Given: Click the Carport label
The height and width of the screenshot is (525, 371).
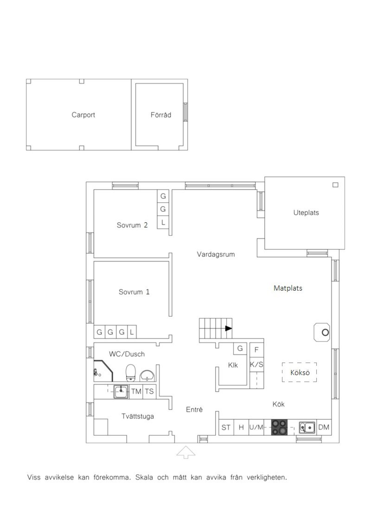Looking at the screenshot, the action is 83,115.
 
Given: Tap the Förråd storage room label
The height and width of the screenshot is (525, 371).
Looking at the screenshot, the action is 161,115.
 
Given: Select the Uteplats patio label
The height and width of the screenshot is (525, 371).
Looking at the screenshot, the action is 306,213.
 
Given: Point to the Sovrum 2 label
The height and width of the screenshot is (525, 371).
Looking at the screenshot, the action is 132,225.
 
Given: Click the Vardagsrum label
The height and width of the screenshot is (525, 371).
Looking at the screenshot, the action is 216,254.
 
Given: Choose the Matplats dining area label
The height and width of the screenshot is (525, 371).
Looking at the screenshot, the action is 288,288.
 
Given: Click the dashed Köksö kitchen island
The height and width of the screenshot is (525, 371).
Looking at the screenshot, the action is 299,372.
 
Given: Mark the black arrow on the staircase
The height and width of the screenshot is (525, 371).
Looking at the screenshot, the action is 228,328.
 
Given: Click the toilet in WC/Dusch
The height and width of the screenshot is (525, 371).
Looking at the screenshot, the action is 130,373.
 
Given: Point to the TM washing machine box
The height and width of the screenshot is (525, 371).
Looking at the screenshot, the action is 136,391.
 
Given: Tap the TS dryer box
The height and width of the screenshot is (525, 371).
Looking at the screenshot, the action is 149,391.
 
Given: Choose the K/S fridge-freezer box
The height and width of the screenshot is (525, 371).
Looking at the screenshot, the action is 257,364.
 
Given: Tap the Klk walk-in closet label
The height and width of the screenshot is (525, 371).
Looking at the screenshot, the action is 233,365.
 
